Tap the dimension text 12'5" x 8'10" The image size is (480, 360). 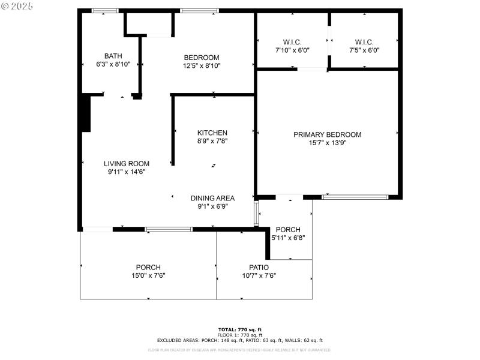point(202,66)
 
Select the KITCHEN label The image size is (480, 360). point(212,133)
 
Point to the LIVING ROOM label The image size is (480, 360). point(127,163)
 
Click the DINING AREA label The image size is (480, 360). point(212,198)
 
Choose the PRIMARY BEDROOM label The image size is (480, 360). point(327,134)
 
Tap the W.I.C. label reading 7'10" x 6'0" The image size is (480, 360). point(292,42)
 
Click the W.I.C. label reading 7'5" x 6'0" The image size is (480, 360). point(364,42)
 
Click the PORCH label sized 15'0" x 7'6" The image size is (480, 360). point(148,268)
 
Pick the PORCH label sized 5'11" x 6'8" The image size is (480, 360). point(287,230)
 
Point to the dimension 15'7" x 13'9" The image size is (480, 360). point(328,143)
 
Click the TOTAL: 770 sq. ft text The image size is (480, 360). point(240,329)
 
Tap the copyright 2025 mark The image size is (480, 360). point(17,5)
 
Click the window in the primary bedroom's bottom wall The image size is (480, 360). point(355,197)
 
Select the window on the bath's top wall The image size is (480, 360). point(105,10)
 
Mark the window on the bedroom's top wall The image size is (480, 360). point(200,10)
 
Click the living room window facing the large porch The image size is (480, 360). point(169,229)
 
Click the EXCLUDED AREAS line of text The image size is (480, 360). point(240,340)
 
